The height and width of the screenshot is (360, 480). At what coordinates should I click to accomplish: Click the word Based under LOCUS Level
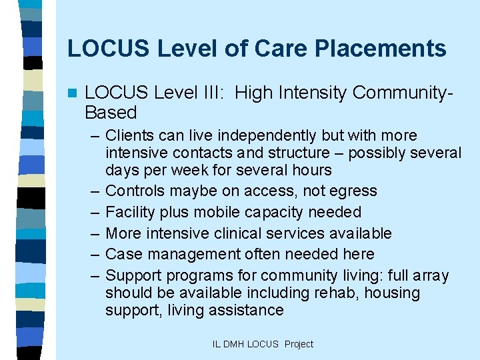click(x=111, y=113)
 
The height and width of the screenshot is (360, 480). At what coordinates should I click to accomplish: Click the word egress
click(x=354, y=191)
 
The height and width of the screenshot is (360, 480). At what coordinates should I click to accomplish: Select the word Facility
click(x=129, y=212)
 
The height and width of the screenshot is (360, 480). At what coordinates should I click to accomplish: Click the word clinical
click(x=244, y=233)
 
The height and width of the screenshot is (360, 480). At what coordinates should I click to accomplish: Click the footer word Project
click(x=299, y=344)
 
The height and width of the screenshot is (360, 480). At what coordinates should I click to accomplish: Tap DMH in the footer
click(x=233, y=344)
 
